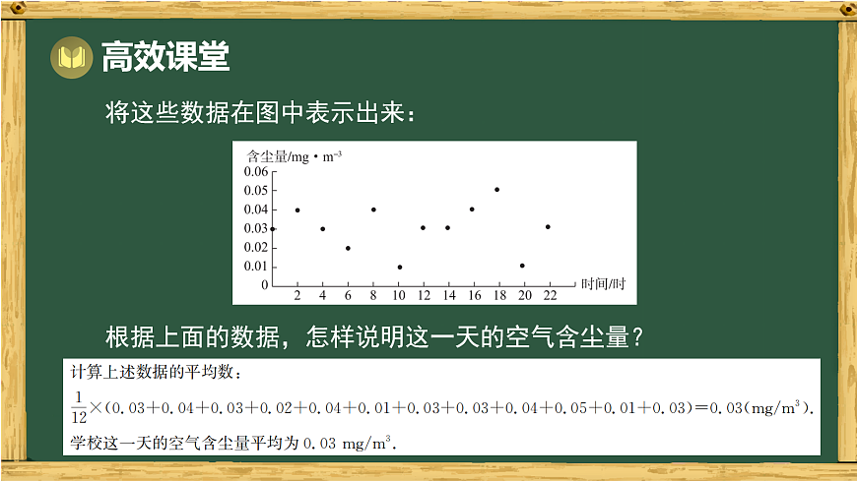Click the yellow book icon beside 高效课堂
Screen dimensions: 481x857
72,58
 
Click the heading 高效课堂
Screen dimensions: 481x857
165,58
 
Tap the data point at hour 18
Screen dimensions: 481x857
496,190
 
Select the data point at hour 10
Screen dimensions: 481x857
399,267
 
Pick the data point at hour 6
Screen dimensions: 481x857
348,248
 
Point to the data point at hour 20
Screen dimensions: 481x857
522,266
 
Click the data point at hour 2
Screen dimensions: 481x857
297,210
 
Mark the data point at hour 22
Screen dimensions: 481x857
548,227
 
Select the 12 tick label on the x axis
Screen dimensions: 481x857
424,295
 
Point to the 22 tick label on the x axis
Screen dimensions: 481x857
549,295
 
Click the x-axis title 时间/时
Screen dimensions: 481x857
603,284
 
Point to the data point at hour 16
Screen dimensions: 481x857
472,210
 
